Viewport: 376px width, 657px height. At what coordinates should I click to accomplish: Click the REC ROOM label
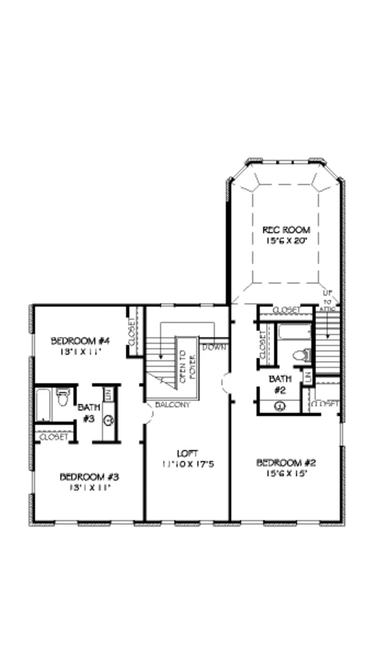pyautogui.click(x=286, y=230)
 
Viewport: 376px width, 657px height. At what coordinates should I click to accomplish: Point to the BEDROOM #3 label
pyautogui.click(x=89, y=477)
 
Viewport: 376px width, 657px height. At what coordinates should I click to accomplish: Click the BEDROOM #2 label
pyautogui.click(x=286, y=463)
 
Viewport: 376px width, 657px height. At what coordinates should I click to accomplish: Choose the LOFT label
pyautogui.click(x=187, y=454)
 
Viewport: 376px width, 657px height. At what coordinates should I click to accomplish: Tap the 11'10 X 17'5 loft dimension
pyautogui.click(x=187, y=464)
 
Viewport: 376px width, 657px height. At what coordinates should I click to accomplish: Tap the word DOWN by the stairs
pyautogui.click(x=215, y=348)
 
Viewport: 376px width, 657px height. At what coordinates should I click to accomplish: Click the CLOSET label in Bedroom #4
pyautogui.click(x=133, y=332)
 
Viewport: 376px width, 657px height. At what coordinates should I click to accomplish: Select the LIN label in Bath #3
pyautogui.click(x=107, y=394)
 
